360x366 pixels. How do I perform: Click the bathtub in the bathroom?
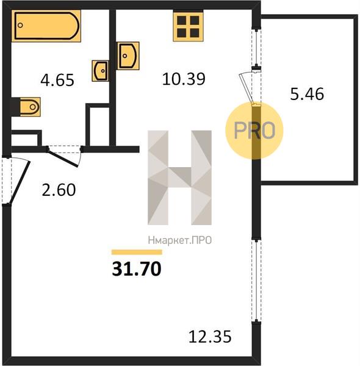(46, 26)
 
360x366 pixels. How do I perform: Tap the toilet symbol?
(30, 107)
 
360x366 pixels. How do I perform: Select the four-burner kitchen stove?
(188, 26)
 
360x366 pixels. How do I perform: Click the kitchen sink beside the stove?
(128, 56)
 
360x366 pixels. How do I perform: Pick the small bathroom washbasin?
(100, 71)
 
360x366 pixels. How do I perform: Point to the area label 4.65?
(57, 80)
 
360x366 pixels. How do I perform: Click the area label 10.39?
(184, 79)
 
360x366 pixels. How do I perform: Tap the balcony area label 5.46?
(307, 94)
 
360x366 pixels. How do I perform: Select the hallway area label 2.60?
(59, 190)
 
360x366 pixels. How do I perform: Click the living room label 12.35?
(210, 336)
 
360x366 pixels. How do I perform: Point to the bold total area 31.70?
(137, 268)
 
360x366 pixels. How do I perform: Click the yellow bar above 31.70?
(137, 252)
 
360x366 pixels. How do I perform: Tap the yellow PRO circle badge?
(254, 131)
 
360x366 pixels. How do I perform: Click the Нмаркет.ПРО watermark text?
(180, 240)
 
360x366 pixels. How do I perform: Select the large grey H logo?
(180, 178)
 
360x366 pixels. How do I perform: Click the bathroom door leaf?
(63, 157)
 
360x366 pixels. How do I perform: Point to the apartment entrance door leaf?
(20, 182)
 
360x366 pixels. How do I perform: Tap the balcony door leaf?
(247, 88)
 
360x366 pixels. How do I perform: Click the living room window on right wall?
(256, 281)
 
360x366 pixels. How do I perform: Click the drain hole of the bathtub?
(20, 25)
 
